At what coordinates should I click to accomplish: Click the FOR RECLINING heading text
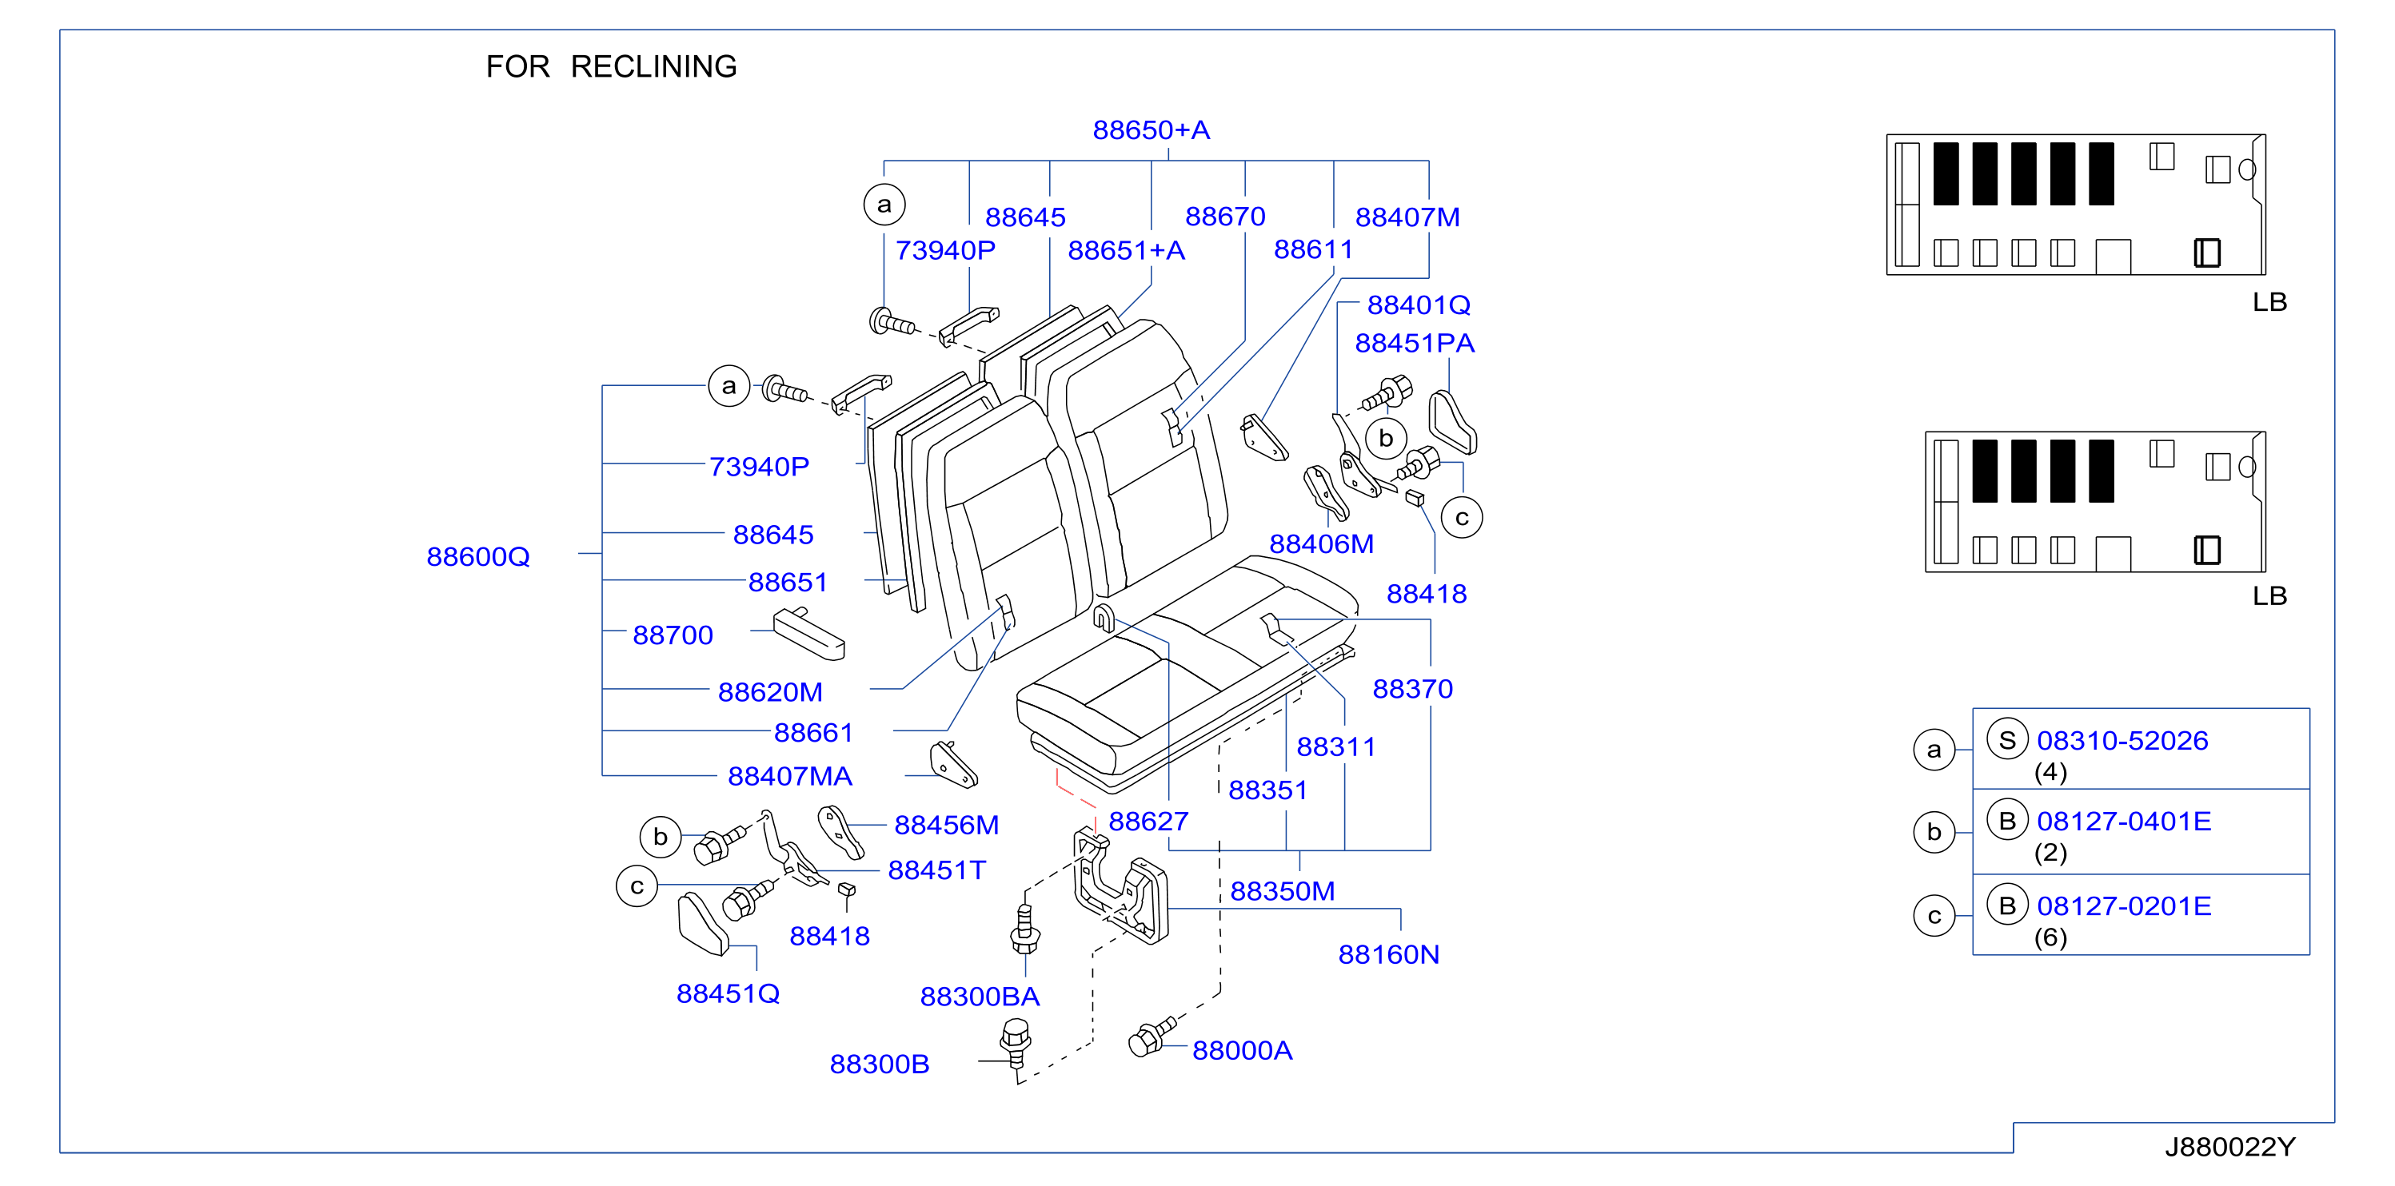point(611,67)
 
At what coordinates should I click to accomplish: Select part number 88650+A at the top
point(1151,130)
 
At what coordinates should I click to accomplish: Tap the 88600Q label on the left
point(478,557)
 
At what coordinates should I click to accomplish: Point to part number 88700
point(673,635)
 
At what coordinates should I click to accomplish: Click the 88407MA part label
point(789,776)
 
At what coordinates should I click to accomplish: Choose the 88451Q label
point(728,993)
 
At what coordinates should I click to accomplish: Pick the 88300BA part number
point(980,997)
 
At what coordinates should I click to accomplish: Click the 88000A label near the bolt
point(1242,1050)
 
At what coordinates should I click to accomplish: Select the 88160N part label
point(1389,954)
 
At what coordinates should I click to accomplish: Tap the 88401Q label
point(1419,304)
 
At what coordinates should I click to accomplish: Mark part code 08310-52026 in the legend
point(2122,741)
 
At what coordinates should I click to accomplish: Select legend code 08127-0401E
point(2125,822)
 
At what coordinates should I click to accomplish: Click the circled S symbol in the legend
point(2007,740)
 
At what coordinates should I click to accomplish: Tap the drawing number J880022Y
point(2229,1147)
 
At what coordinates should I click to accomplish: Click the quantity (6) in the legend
point(2050,937)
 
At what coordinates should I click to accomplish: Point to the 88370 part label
point(1412,689)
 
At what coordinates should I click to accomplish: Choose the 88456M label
point(947,825)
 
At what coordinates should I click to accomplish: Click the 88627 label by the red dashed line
point(1148,821)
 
